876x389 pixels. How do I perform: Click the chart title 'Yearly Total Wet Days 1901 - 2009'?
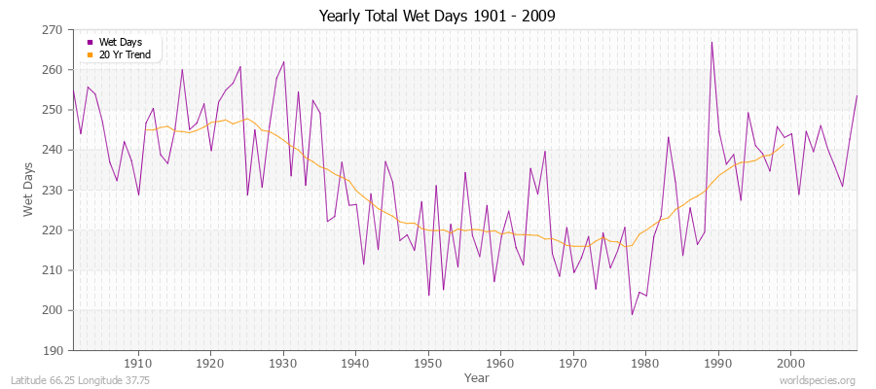tap(437, 17)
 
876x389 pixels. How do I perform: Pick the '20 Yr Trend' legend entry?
tap(124, 54)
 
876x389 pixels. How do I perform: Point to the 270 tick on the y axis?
tap(52, 30)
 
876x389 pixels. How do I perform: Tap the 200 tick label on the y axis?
tap(52, 310)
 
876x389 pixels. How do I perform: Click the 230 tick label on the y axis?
tap(52, 191)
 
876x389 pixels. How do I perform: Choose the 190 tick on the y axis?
tap(52, 350)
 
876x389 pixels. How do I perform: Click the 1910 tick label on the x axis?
tap(138, 363)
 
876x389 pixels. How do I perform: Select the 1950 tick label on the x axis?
tap(428, 363)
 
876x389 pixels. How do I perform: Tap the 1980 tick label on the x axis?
tap(645, 363)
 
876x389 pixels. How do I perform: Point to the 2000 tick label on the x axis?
tap(790, 363)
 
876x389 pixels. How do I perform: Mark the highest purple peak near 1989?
tap(712, 42)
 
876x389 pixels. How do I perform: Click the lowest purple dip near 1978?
tap(632, 314)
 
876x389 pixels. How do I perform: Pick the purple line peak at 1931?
tap(283, 62)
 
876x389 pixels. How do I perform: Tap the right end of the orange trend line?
tap(784, 145)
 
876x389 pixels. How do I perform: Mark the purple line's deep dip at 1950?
tap(428, 296)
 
